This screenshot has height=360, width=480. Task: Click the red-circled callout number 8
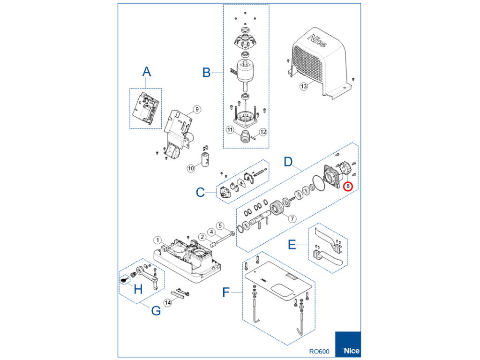347,186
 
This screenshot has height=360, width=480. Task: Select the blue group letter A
147,72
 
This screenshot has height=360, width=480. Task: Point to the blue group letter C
200,192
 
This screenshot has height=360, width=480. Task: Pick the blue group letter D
289,163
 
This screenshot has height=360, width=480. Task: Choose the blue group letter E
292,245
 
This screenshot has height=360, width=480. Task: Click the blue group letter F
226,292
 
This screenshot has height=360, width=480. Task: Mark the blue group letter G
156,310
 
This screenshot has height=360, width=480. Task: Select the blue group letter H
138,289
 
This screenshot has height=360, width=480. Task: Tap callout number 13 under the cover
304,86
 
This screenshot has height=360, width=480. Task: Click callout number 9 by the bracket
197,109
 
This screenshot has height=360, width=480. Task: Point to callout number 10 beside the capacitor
191,168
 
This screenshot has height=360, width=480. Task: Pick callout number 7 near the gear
292,218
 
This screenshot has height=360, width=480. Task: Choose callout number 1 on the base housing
158,240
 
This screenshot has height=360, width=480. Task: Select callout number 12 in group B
263,132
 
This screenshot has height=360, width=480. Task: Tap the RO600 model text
319,351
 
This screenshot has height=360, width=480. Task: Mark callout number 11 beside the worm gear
230,129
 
